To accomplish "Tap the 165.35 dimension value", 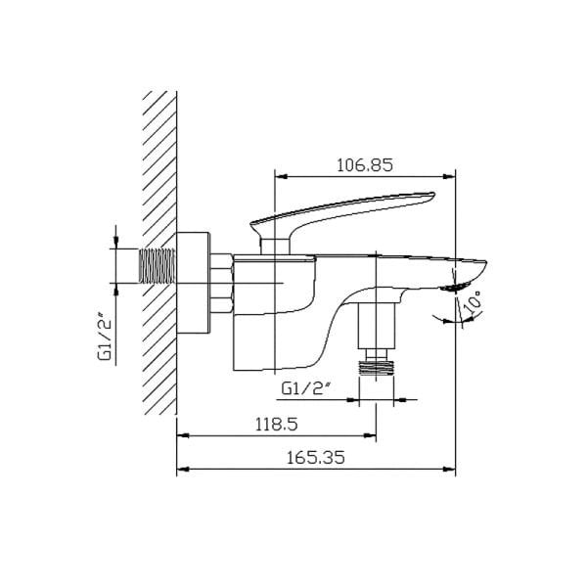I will pyautogui.click(x=317, y=457).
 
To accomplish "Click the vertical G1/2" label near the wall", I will pyautogui.click(x=104, y=337).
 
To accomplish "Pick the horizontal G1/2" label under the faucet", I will pyautogui.click(x=307, y=387).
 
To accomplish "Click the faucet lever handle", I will pyautogui.click(x=342, y=208).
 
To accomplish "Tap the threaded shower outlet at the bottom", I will pyautogui.click(x=378, y=366).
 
